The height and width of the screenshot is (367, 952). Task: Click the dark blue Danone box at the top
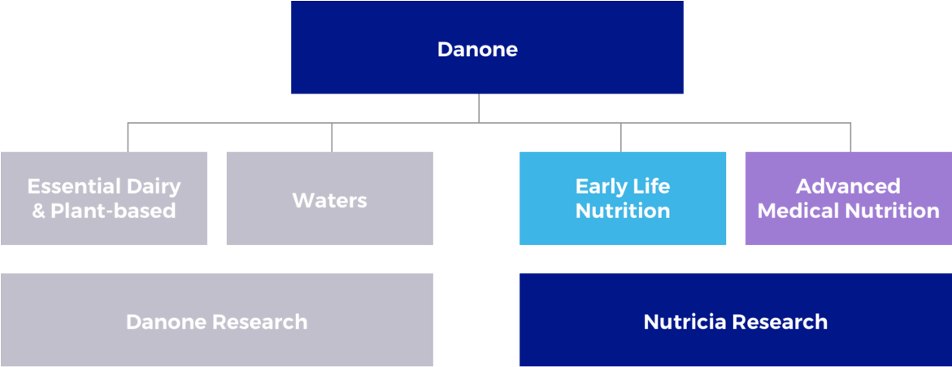coord(487,47)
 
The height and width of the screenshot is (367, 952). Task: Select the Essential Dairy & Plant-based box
coord(104,198)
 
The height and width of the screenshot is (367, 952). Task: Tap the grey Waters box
coord(330,198)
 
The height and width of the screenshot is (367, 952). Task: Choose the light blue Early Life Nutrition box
coord(623,198)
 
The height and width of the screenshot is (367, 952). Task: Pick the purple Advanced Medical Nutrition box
coord(849,198)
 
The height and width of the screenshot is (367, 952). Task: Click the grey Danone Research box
coord(217,320)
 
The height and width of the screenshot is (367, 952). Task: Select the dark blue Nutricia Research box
coord(736,320)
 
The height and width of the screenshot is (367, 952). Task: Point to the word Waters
coord(330,200)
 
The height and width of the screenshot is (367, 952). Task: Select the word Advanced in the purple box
coord(848,186)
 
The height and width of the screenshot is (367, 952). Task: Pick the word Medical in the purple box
coord(795,211)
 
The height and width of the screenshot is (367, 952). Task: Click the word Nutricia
coord(683,321)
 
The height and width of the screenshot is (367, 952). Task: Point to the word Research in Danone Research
coord(260,321)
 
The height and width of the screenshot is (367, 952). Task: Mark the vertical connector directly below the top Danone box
coord(478,108)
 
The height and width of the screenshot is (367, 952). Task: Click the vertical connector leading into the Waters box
coord(332,138)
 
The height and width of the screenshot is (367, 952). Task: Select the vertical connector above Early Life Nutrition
coord(620,138)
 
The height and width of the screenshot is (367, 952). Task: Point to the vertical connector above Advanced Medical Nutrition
coord(850,138)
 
